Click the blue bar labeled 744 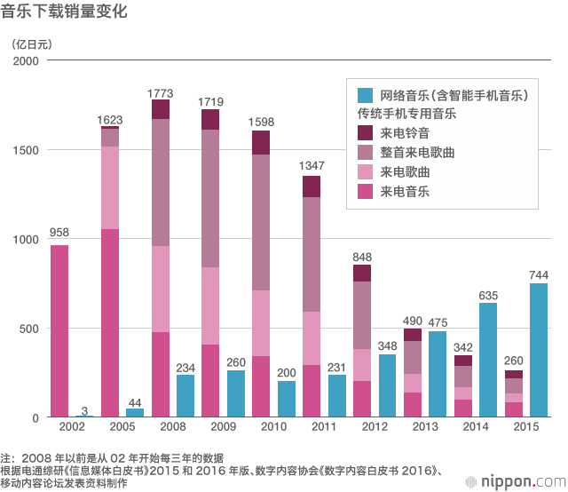coord(538,351)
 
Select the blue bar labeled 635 coord(487,361)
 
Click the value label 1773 coord(161,92)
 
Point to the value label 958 coord(59,234)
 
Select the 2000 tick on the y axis coord(27,60)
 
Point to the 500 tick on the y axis coord(30,329)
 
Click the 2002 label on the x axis coord(72,428)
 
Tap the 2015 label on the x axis coord(525,428)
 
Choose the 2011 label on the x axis coord(324,428)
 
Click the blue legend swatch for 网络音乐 coord(364,95)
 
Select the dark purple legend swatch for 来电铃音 coord(364,133)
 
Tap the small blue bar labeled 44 coord(135,413)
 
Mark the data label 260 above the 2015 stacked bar coord(513,361)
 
